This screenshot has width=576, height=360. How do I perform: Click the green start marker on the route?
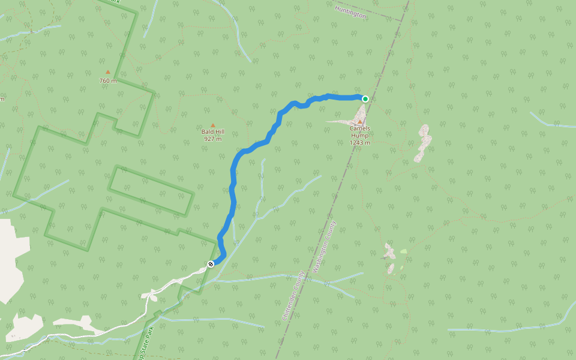tap(365, 98)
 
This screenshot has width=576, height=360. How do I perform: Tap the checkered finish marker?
tap(211, 264)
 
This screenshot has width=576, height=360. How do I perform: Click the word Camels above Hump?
tap(360, 128)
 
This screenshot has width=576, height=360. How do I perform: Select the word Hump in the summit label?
tap(360, 136)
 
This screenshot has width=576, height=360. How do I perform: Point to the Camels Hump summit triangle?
tap(360, 122)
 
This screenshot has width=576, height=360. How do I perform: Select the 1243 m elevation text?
tap(360, 143)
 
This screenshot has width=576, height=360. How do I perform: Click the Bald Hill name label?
tap(212, 131)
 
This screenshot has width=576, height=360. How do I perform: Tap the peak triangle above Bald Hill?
tap(212, 125)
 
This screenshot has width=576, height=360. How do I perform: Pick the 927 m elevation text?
tap(212, 139)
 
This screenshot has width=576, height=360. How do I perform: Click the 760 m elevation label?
tap(108, 80)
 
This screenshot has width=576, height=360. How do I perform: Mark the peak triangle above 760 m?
tap(108, 73)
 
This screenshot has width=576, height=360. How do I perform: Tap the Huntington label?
tap(351, 12)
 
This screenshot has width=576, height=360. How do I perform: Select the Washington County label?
tap(325, 246)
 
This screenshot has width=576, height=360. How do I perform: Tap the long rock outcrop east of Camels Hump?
tap(423, 143)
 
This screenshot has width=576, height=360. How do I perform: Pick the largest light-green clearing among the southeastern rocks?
tap(403, 251)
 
